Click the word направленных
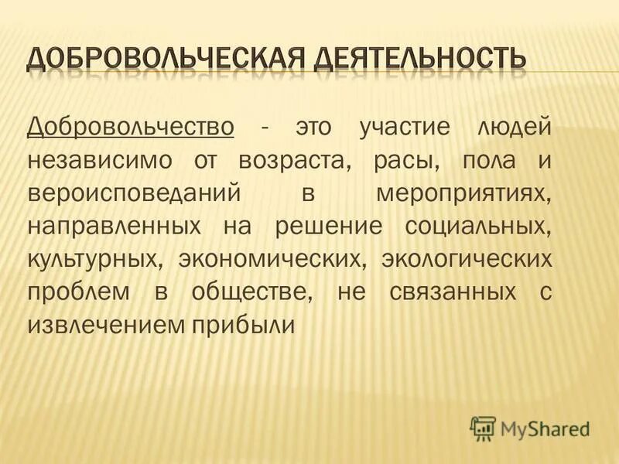(104, 226)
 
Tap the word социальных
(478, 226)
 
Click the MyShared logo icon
(483, 427)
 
